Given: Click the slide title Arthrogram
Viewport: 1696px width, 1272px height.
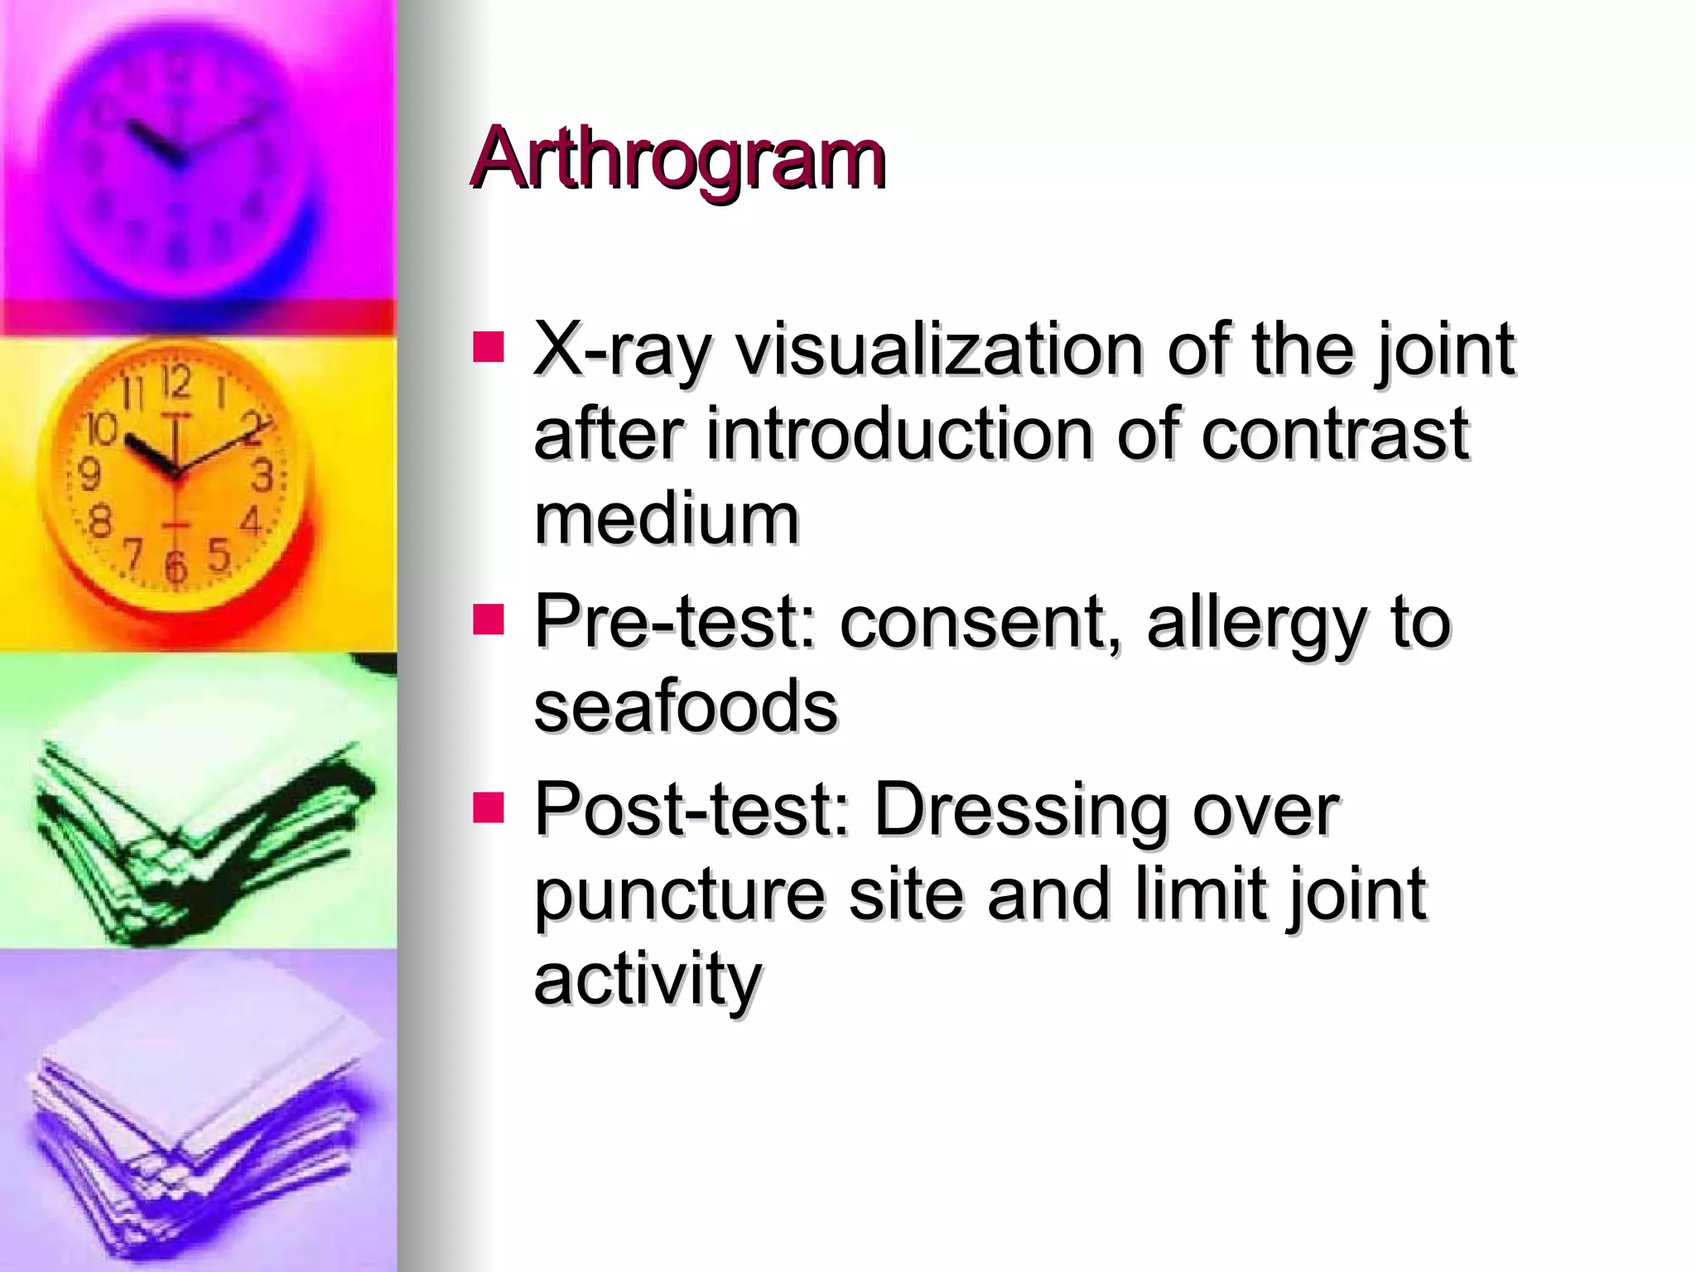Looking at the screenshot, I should (677, 158).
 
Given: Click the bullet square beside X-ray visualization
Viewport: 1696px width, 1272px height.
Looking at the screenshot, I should (489, 348).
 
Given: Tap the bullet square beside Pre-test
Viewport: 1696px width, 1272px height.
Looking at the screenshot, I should (489, 619).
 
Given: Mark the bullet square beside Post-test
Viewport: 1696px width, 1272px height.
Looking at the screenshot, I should (489, 807).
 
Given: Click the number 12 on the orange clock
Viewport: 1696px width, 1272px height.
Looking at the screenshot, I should (176, 383).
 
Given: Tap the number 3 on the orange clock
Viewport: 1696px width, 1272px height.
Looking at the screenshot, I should (263, 475).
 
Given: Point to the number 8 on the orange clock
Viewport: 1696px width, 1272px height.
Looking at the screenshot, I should (100, 522).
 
